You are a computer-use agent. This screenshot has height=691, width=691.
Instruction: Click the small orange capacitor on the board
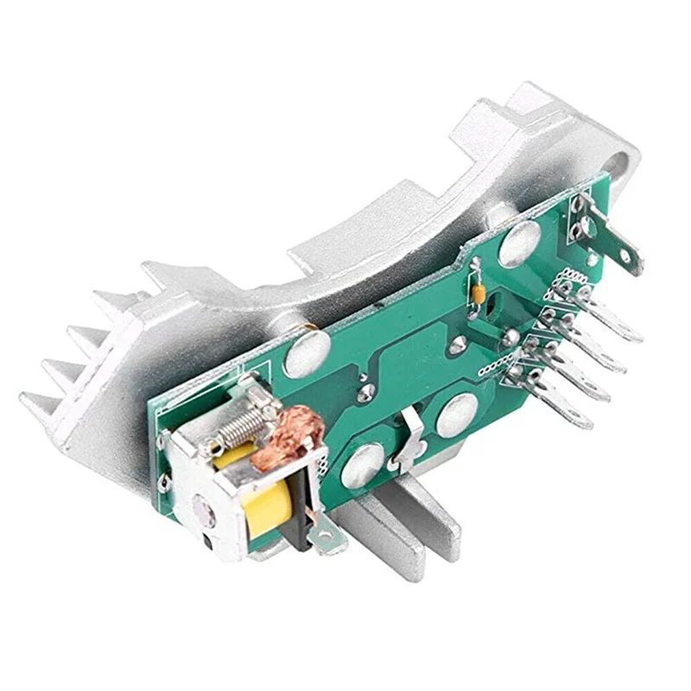(477, 291)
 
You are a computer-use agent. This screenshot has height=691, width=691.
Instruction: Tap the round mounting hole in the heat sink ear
(620, 164)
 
